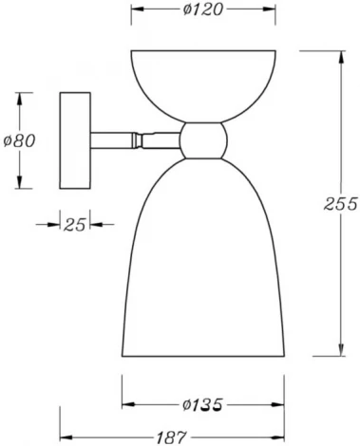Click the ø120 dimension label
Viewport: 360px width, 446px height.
point(204,10)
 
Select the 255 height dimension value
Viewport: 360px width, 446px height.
point(339,203)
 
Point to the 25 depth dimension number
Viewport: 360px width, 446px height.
point(75,225)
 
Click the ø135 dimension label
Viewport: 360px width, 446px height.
point(204,405)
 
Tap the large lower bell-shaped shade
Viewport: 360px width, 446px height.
point(204,266)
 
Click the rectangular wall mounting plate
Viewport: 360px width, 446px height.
point(75,139)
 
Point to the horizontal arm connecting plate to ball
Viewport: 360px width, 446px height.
point(133,139)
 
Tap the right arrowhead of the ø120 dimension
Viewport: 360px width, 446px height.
point(275,10)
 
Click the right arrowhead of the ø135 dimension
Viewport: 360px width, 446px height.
point(283,405)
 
